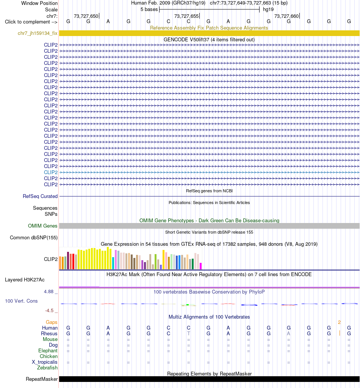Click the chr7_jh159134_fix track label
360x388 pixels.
(x=38, y=33)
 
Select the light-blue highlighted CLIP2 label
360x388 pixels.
(x=51, y=172)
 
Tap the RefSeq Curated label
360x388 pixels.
(x=40, y=196)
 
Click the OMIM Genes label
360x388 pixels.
(x=42, y=226)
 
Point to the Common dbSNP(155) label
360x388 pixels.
(x=34, y=237)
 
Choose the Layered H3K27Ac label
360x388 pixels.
(x=25, y=280)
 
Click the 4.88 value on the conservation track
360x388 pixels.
(x=49, y=292)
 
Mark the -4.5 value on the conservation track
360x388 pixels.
(x=49, y=310)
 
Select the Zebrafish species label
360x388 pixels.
(x=47, y=368)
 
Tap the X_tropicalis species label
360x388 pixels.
(x=44, y=362)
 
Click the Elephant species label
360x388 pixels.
(x=48, y=350)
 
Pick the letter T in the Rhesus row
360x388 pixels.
(x=188, y=333)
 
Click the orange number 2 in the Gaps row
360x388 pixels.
(x=339, y=322)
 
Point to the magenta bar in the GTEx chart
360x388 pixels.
(x=201, y=266)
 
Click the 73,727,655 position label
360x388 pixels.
(x=186, y=16)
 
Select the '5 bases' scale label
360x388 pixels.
(x=149, y=9)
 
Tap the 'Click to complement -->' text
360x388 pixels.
(x=31, y=22)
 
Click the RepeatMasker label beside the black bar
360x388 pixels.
(x=42, y=379)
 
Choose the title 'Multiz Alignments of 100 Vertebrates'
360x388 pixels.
(x=209, y=317)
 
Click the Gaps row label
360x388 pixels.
(x=52, y=322)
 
